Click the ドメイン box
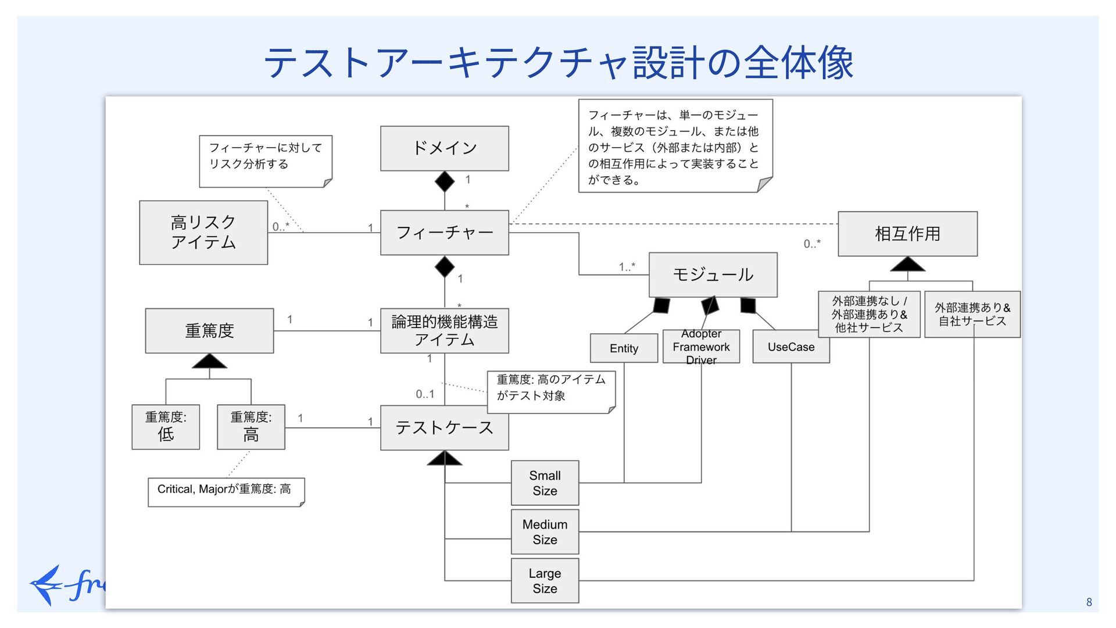coord(445,148)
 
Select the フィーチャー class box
coord(445,233)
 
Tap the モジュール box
coord(713,274)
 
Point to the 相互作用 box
coord(907,234)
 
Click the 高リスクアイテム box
coord(203,233)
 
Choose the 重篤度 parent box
coord(209,331)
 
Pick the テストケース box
coord(445,428)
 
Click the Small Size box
coord(545,483)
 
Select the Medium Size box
coord(545,532)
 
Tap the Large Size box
coord(545,581)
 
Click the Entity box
coord(624,348)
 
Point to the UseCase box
coord(791,347)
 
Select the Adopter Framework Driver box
coord(702,347)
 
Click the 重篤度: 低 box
coord(166,427)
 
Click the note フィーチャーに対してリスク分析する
coord(266,162)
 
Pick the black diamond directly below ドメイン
coord(445,182)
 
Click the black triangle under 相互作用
coord(907,264)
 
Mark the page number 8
coord(1089,602)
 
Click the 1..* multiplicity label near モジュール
coord(627,267)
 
